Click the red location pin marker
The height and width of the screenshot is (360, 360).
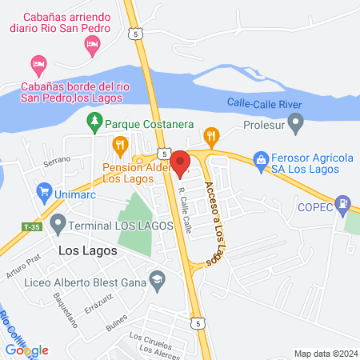[x=180, y=162]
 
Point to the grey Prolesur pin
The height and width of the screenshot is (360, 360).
[x=297, y=123]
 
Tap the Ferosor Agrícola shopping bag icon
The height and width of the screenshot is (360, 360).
[x=261, y=159]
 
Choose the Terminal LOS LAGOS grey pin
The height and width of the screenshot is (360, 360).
[x=58, y=221]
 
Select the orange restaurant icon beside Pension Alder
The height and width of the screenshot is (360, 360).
[x=121, y=145]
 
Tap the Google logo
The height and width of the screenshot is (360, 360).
[x=27, y=350]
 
